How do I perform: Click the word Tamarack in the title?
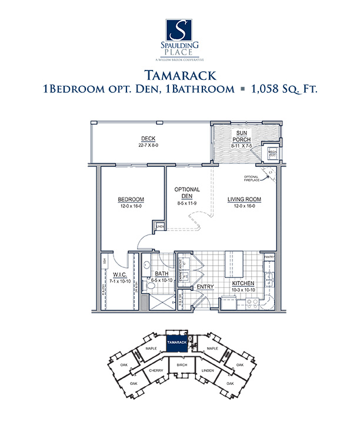click(179, 75)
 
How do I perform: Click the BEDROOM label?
click(131, 199)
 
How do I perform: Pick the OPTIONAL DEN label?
click(188, 193)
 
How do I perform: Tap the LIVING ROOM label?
click(244, 199)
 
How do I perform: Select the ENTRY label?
click(205, 286)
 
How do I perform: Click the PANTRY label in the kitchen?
click(270, 257)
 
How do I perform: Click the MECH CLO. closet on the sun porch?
click(272, 152)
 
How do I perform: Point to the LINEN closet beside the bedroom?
click(159, 225)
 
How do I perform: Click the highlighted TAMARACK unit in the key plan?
click(176, 341)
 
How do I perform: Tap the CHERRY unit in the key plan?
click(155, 371)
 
